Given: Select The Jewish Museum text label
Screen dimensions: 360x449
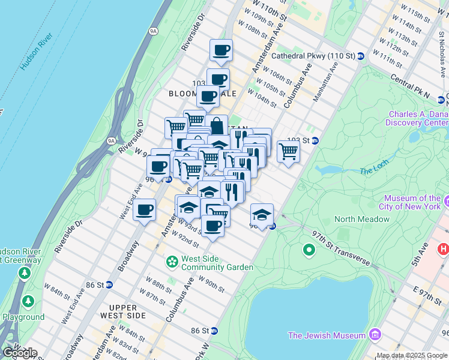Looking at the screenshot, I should point(327,335).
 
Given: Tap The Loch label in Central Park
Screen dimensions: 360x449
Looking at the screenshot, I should point(375,167).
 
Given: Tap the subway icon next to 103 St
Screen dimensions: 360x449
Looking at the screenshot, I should point(315,140).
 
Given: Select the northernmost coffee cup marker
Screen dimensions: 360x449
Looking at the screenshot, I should point(221,50).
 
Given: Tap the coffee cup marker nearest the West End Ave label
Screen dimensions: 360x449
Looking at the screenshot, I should point(144,210).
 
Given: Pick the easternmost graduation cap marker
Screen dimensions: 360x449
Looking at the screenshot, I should point(262,214).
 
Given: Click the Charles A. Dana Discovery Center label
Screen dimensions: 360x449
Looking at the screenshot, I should point(418,118).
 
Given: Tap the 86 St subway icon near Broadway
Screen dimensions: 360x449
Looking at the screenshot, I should point(109,284).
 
